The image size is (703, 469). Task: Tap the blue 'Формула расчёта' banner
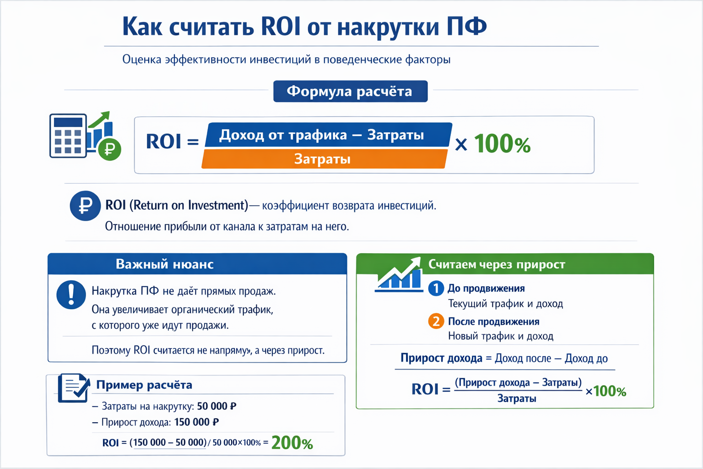(350, 91)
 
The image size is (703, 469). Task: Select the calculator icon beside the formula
(68, 136)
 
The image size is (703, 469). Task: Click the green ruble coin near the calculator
(110, 149)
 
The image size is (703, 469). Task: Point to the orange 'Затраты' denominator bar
(323, 159)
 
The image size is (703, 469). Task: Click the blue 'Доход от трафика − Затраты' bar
(328, 135)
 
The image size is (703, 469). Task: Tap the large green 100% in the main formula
(502, 144)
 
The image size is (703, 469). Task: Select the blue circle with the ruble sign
(85, 206)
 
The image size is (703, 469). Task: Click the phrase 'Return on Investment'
(189, 205)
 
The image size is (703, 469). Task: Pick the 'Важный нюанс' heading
(164, 264)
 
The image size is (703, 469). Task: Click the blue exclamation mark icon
(71, 294)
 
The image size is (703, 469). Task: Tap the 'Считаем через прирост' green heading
(497, 264)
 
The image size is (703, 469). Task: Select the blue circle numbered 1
(436, 288)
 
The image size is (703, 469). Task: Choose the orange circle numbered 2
(436, 321)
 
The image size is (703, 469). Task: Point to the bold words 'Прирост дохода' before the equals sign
(441, 358)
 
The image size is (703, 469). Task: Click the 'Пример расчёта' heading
(144, 385)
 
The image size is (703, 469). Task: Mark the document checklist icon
(73, 388)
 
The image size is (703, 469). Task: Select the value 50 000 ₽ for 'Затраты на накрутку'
(216, 406)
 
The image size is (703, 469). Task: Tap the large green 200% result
(292, 442)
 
